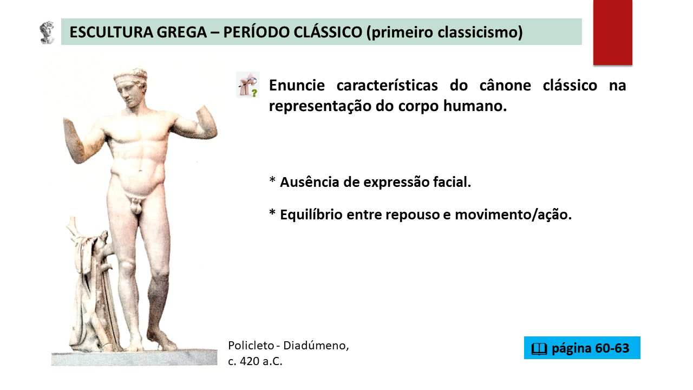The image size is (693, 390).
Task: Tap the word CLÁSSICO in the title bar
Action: point(328,32)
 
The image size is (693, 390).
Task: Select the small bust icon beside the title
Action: point(47,32)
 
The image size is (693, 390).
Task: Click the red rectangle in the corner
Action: point(612,32)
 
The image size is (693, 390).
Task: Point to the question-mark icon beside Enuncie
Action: point(248,85)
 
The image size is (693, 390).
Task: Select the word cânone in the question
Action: point(505,85)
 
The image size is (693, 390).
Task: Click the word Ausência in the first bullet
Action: point(310,182)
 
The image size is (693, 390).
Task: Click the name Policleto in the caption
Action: point(251,346)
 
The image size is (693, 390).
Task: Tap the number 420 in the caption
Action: point(250,361)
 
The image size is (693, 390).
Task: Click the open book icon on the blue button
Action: point(539,349)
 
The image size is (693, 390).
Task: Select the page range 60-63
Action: point(612,348)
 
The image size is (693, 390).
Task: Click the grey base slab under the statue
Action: point(134,358)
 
